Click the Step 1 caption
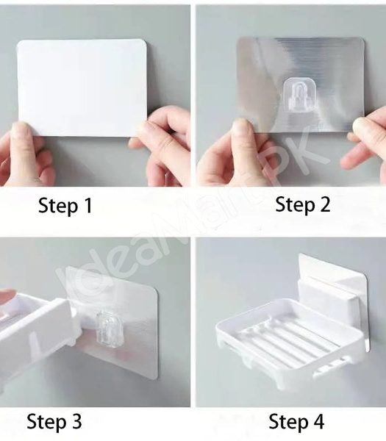(x=65, y=207)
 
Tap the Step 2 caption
(x=303, y=205)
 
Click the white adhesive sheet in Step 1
(x=81, y=87)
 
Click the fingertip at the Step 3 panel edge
(x=6, y=296)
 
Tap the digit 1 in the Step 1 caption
(x=87, y=207)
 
